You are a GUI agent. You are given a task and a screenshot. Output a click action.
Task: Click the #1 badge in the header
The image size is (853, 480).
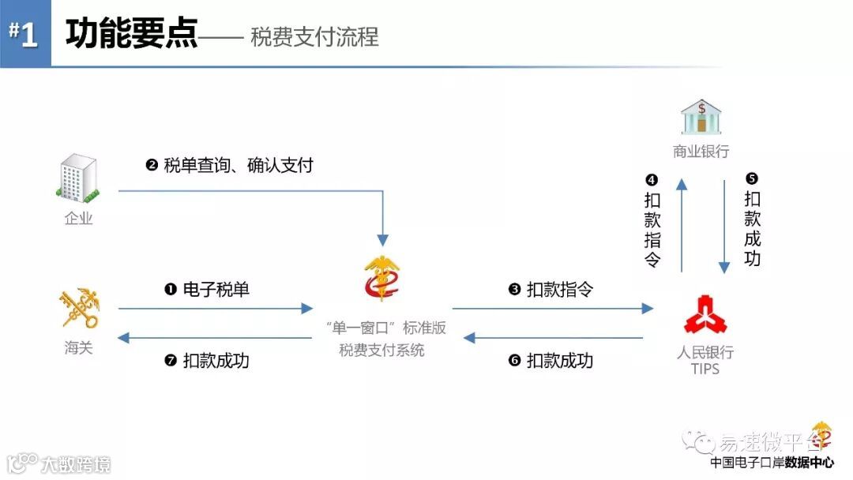pyautogui.click(x=24, y=35)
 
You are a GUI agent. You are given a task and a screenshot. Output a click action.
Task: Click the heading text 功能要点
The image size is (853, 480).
pyautogui.click(x=131, y=34)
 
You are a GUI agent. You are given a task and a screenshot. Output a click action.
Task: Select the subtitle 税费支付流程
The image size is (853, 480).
pyautogui.click(x=314, y=36)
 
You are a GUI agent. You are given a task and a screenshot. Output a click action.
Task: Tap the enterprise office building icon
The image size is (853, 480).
pyautogui.click(x=79, y=178)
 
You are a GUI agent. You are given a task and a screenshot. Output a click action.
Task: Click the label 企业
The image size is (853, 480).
pyautogui.click(x=79, y=218)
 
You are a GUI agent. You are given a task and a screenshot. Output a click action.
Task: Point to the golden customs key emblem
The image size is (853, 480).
pyautogui.click(x=80, y=309)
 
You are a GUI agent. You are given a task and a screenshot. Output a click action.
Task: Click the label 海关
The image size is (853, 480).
pyautogui.click(x=79, y=347)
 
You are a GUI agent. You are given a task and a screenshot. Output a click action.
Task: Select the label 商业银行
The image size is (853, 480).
pyautogui.click(x=701, y=152)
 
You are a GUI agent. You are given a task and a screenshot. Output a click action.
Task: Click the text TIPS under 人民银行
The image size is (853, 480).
pyautogui.click(x=705, y=369)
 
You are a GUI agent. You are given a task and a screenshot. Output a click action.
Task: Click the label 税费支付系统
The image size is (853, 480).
pyautogui.click(x=382, y=350)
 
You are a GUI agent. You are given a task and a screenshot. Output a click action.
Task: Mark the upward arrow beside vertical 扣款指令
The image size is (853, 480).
pyautogui.click(x=682, y=225)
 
